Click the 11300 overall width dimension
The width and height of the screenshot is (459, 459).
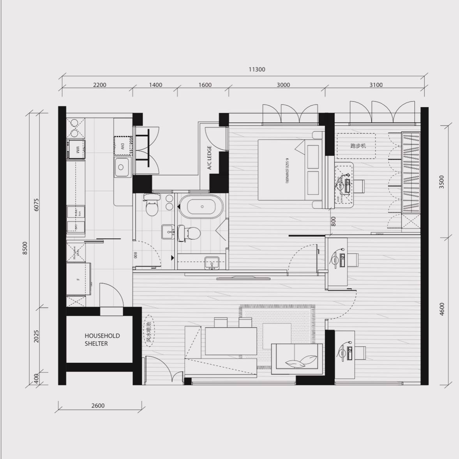coord(257,69)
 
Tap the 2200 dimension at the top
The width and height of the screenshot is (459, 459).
coord(99,85)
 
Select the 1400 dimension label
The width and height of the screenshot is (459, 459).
coord(155,85)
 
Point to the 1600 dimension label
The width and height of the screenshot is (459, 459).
coord(205,85)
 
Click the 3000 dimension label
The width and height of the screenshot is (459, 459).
coord(283,85)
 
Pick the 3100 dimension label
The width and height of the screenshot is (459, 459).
coord(376,85)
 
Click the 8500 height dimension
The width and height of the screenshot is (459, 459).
coord(25,248)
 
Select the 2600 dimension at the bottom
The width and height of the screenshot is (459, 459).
coord(98,406)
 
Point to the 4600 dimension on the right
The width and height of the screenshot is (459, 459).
coord(441,309)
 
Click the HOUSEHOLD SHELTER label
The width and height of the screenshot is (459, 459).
coord(102,339)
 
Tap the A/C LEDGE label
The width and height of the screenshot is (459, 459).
coord(209,158)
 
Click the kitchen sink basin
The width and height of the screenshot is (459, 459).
coord(122,168)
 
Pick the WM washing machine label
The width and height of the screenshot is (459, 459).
coord(77,150)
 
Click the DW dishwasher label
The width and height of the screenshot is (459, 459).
coord(122,147)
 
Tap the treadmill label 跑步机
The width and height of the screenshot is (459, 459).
coord(358,146)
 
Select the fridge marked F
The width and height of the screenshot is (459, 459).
coord(78,279)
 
